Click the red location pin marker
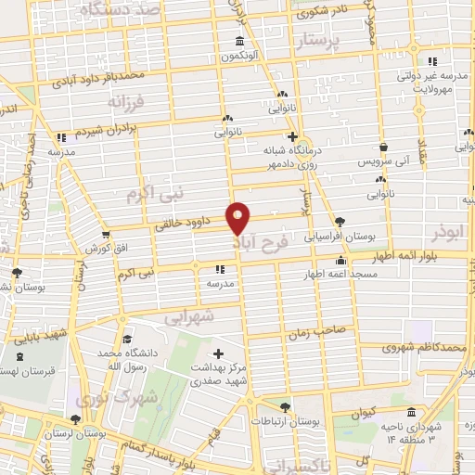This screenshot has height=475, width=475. pyautogui.click(x=238, y=218)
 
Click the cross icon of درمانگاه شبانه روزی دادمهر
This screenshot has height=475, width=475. pyautogui.click(x=292, y=135)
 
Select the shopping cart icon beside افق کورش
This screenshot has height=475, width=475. pyautogui.click(x=106, y=234)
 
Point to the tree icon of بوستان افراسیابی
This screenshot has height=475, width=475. pyautogui.click(x=340, y=222)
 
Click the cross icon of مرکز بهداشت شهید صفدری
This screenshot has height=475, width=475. pyautogui.click(x=218, y=353)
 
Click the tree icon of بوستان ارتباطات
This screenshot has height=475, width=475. pyautogui.click(x=286, y=407)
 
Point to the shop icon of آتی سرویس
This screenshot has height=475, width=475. pyautogui.click(x=383, y=148)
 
